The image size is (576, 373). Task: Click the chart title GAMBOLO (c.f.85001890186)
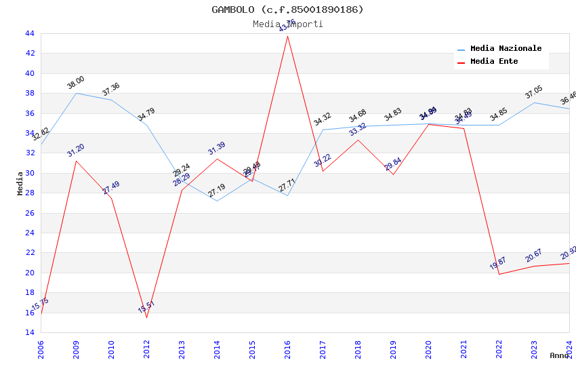click(x=287, y=9)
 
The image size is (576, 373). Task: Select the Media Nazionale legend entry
click(x=506, y=49)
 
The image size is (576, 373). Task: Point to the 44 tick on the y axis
click(x=28, y=33)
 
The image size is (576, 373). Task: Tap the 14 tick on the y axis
click(x=28, y=332)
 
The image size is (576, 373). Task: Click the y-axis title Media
click(x=20, y=183)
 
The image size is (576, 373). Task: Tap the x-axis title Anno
click(x=559, y=355)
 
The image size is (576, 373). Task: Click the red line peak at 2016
click(x=287, y=35)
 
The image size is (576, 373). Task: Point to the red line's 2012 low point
click(x=146, y=317)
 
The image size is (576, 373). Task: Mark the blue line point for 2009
click(x=76, y=93)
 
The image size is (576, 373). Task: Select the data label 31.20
click(x=76, y=151)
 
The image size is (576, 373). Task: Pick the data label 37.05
click(x=534, y=92)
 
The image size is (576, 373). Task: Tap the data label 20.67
click(x=534, y=256)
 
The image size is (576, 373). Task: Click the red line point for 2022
click(x=499, y=274)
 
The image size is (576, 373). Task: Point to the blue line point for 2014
click(x=217, y=201)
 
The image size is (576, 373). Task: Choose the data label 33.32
click(x=358, y=130)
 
